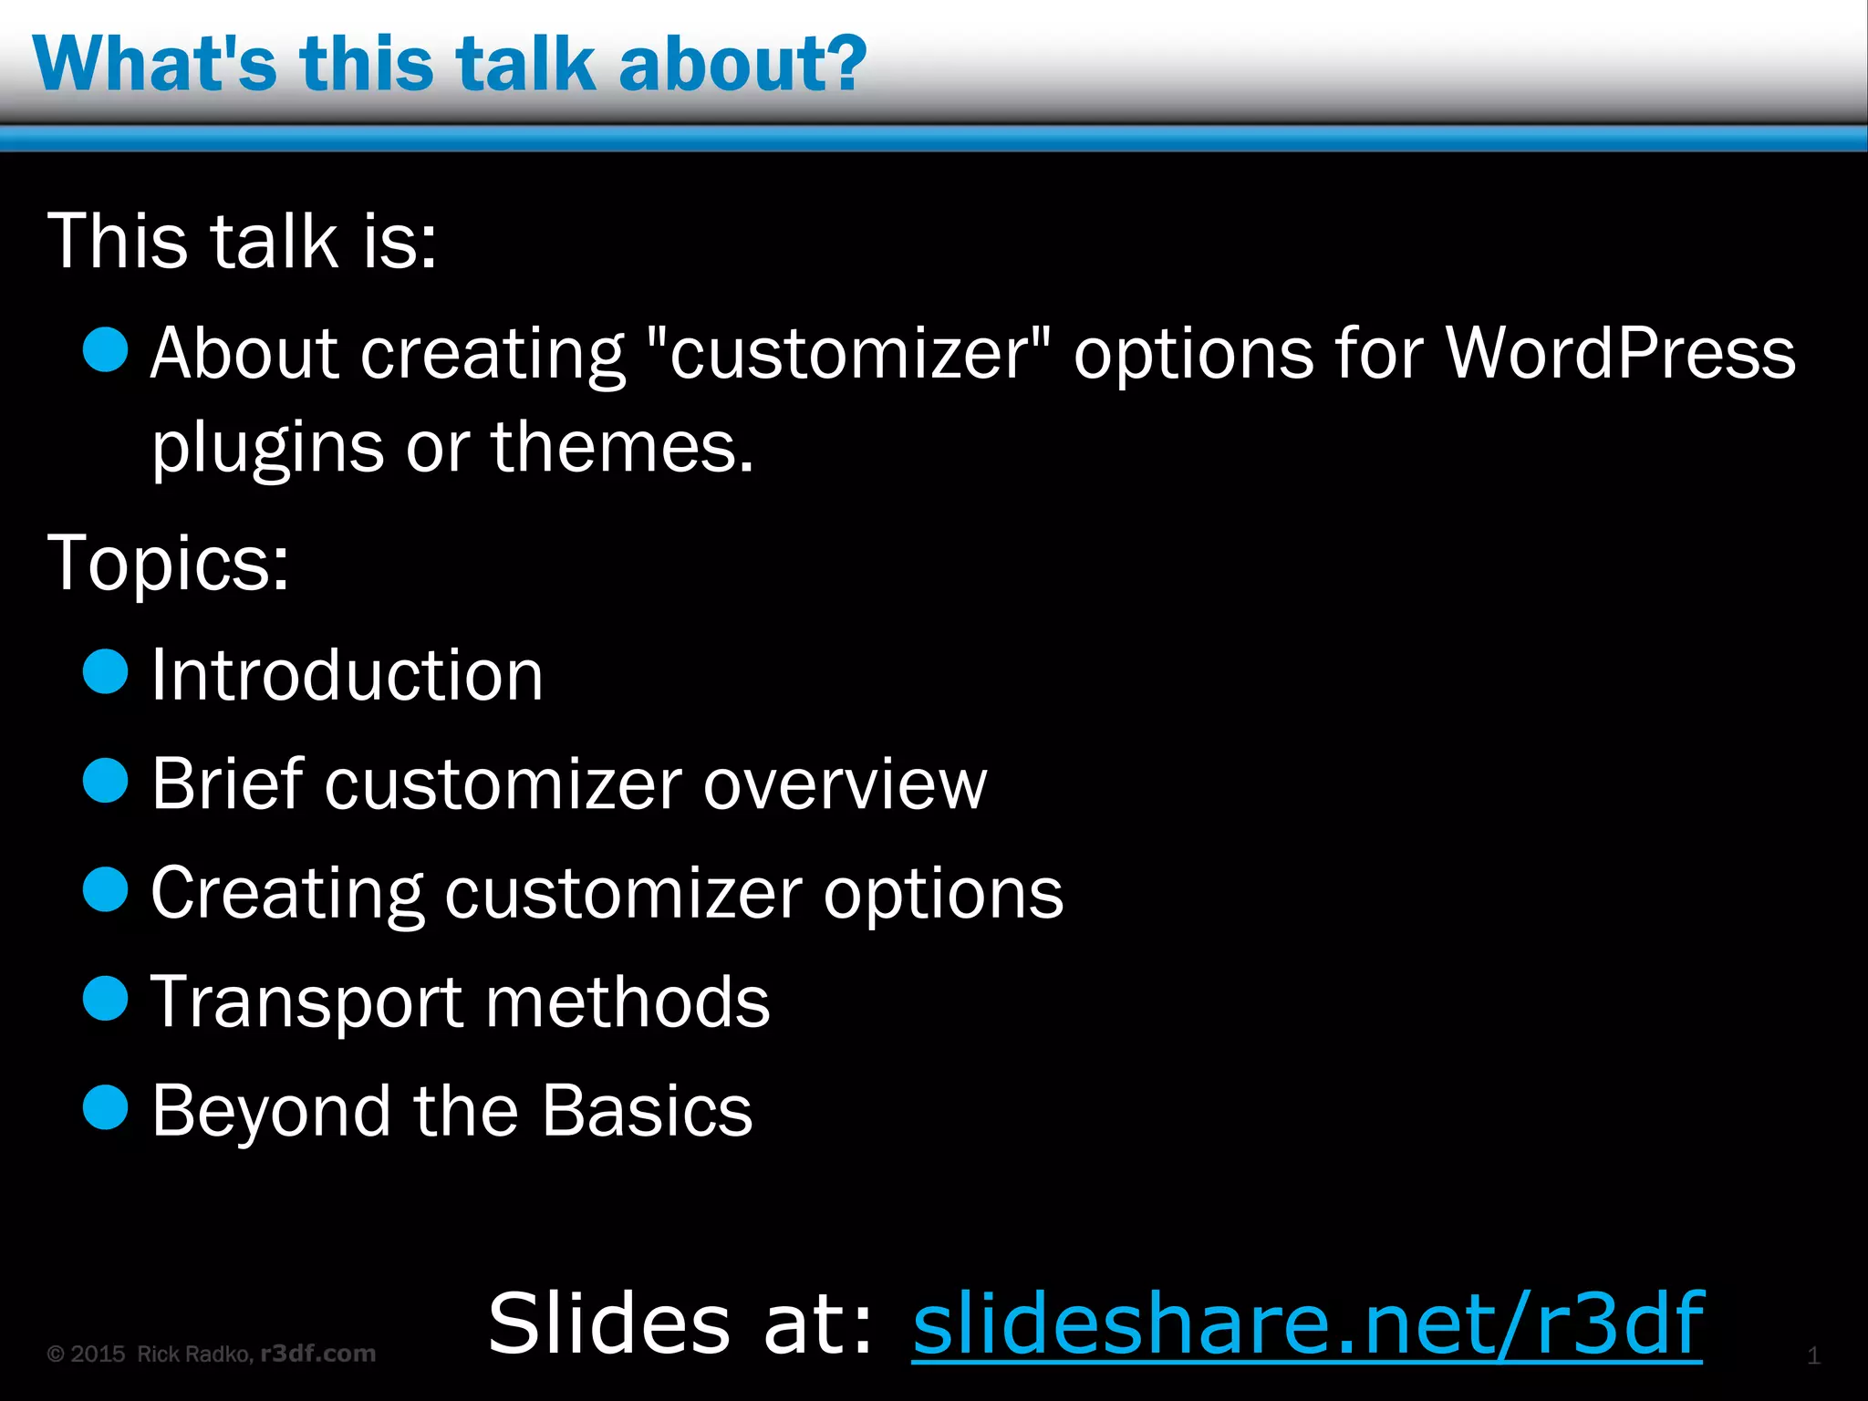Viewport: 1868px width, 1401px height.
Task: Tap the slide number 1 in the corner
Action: pyautogui.click(x=1813, y=1355)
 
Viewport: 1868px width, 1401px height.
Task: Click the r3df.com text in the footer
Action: pyautogui.click(x=318, y=1354)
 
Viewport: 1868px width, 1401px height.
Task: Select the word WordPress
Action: pyautogui.click(x=1620, y=353)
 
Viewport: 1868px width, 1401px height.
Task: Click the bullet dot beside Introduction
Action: pyautogui.click(x=106, y=672)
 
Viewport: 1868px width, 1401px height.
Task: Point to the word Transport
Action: pyautogui.click(x=306, y=1002)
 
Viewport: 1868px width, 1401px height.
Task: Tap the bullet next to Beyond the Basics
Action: pyautogui.click(x=106, y=1107)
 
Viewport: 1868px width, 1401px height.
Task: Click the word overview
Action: pyautogui.click(x=845, y=784)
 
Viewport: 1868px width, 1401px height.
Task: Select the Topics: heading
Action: pyautogui.click(x=169, y=563)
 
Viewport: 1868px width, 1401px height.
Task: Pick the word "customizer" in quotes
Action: pyautogui.click(x=848, y=353)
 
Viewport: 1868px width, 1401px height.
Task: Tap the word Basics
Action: pyautogui.click(x=647, y=1111)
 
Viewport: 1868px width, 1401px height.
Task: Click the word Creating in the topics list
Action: pyautogui.click(x=286, y=893)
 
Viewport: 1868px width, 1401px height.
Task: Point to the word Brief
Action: pyautogui.click(x=227, y=784)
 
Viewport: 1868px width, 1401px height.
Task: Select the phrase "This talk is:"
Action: pyautogui.click(x=243, y=241)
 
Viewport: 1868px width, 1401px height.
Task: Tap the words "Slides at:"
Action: pyautogui.click(x=680, y=1323)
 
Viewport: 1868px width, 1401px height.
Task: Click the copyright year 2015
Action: pyautogui.click(x=98, y=1354)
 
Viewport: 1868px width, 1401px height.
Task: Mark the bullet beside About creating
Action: pyautogui.click(x=106, y=350)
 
